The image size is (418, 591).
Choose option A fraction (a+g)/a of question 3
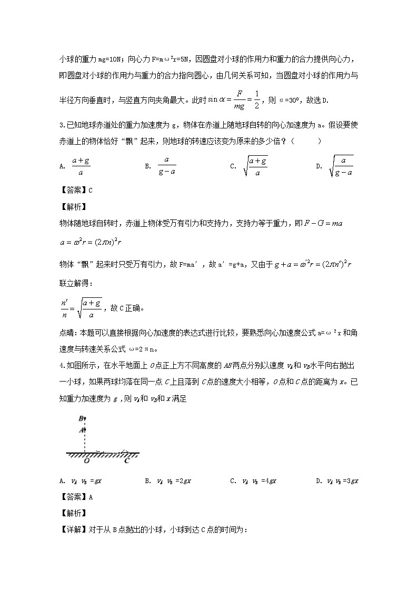pyautogui.click(x=81, y=166)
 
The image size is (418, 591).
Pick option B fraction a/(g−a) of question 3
pyautogui.click(x=166, y=166)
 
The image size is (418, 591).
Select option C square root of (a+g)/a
pyautogui.click(x=255, y=166)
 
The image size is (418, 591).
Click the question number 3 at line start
pyautogui.click(x=61, y=125)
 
